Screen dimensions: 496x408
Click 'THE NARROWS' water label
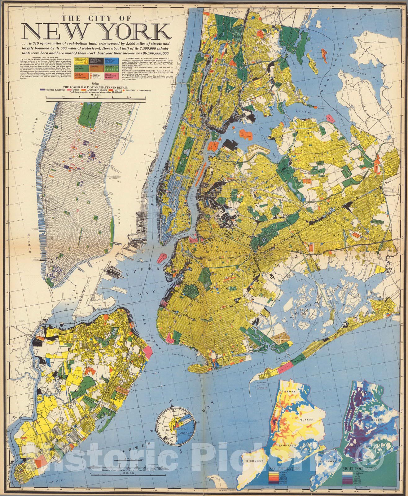click(x=155, y=330)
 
